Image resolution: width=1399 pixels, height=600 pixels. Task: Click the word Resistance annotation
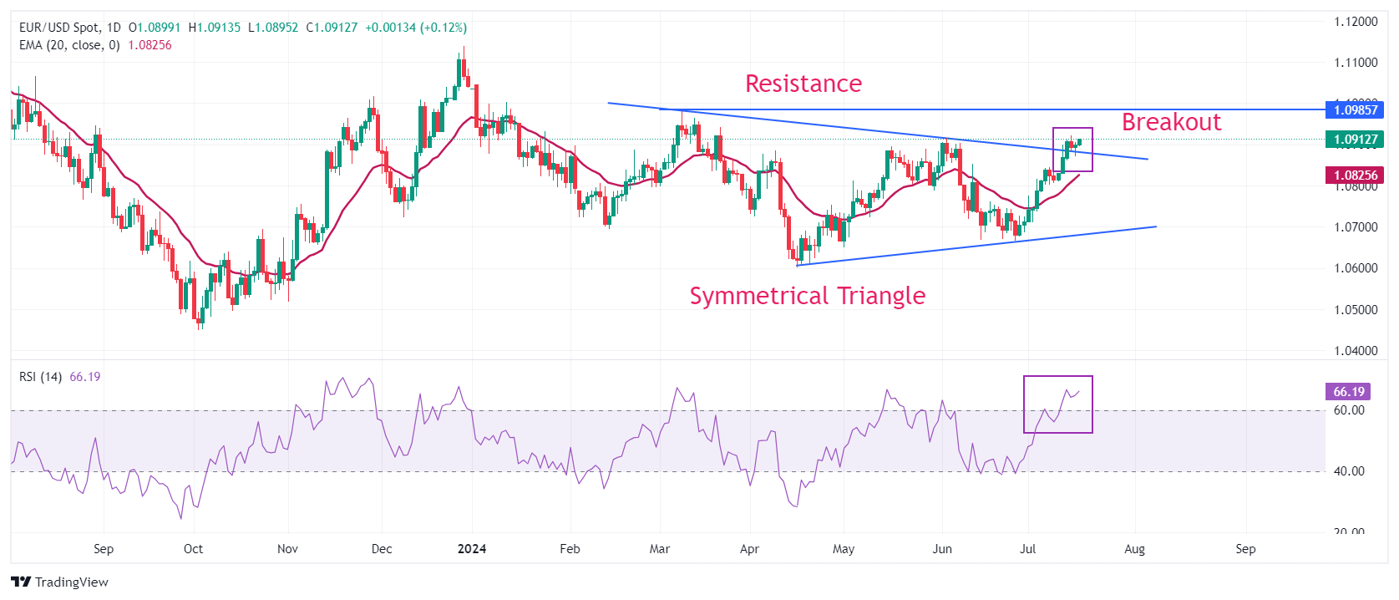(803, 84)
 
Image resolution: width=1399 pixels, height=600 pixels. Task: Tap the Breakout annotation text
(1171, 122)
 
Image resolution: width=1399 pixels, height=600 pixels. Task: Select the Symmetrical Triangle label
(807, 296)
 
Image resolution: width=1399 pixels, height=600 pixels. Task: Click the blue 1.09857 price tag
(1355, 109)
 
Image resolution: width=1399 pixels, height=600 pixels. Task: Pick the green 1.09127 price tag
(1355, 140)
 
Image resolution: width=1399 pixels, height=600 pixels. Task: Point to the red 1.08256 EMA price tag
(1355, 175)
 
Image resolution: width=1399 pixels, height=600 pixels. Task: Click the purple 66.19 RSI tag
(1348, 391)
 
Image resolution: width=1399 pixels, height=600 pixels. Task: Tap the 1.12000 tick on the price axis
(1355, 22)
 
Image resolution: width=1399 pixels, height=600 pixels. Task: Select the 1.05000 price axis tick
(1355, 310)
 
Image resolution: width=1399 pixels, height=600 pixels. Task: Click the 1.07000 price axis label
(1355, 227)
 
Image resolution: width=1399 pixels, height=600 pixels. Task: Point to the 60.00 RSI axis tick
(1348, 410)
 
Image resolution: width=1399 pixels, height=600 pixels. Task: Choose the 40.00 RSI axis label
(1348, 471)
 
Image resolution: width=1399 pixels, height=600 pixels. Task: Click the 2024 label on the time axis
(472, 549)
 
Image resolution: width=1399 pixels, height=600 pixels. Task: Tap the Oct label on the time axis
(193, 549)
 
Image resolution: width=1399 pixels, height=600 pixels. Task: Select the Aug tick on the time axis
(1134, 549)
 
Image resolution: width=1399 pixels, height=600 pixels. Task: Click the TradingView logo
(59, 582)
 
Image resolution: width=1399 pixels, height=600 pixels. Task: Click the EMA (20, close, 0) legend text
(69, 45)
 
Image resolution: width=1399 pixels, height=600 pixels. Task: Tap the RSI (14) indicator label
(40, 377)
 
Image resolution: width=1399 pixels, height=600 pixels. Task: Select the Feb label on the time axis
(570, 549)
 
